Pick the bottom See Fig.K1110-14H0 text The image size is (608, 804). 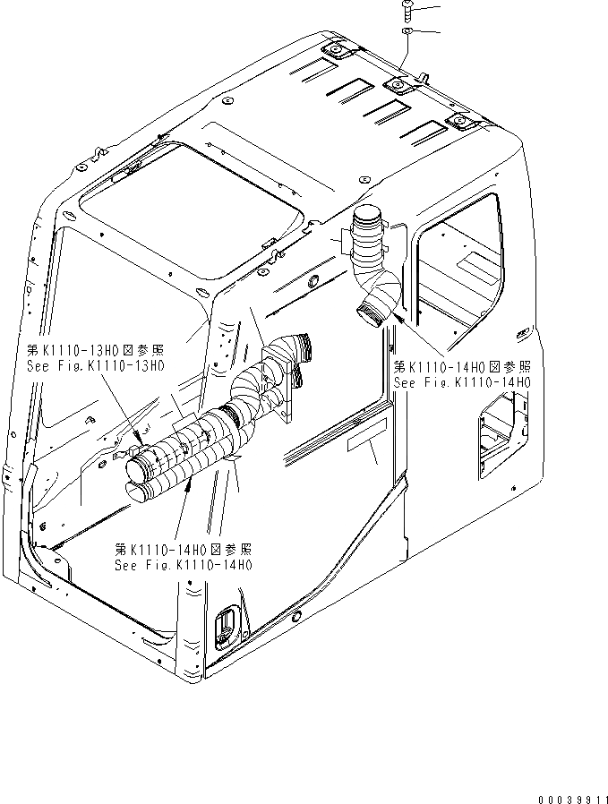(184, 565)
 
